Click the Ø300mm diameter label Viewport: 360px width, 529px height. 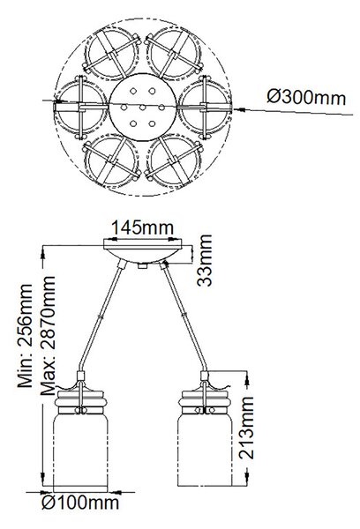pyautogui.click(x=306, y=98)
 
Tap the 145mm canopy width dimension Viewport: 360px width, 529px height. pyautogui.click(x=142, y=227)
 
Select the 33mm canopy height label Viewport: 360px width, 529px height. pyautogui.click(x=205, y=260)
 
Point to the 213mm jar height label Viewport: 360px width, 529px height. pyautogui.click(x=246, y=428)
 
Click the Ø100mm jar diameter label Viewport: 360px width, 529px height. pyautogui.click(x=80, y=503)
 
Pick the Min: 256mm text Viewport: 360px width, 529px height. pyautogui.click(x=26, y=336)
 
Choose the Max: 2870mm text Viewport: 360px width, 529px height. pyautogui.click(x=48, y=336)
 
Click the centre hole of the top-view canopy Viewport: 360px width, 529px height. pyautogui.click(x=143, y=108)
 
